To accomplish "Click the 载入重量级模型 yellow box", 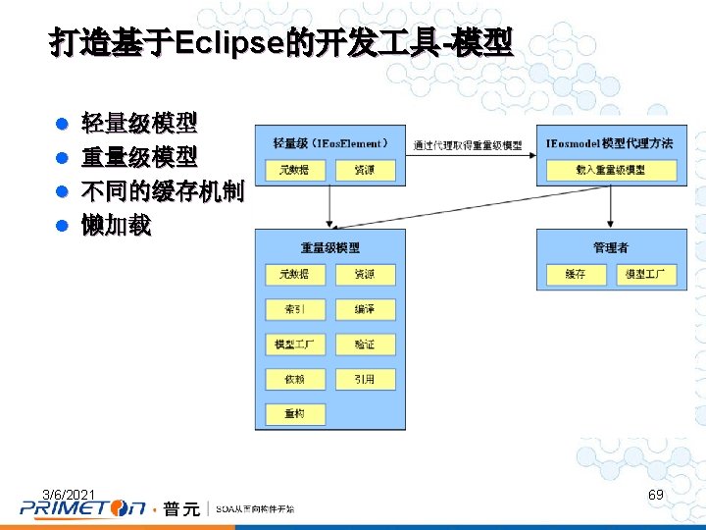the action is click(610, 170).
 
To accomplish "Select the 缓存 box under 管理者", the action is click(576, 274).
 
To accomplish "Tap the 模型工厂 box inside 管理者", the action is click(645, 274).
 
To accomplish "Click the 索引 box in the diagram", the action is click(294, 309).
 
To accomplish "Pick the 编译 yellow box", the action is click(365, 309).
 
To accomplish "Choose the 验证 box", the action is click(365, 344).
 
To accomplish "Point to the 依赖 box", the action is click(294, 379).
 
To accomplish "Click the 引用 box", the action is click(365, 379).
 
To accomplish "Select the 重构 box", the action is click(294, 413).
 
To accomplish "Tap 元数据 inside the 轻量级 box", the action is click(294, 170).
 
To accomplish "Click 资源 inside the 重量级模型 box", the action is click(365, 274).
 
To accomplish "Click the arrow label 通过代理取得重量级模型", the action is click(467, 145).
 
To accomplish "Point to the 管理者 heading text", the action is click(611, 247).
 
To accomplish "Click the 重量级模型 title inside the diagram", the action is click(330, 247).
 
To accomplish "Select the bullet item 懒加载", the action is click(117, 226).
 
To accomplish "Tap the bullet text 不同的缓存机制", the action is click(162, 191).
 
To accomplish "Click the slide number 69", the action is click(656, 495).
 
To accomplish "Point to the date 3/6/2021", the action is click(69, 493).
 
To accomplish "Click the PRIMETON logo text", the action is click(83, 508).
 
